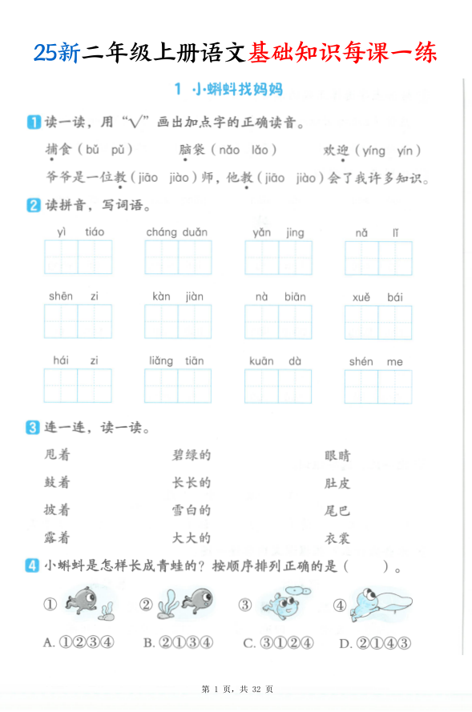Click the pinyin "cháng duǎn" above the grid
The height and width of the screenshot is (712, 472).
[176, 232]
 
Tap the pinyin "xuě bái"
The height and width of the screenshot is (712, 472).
[377, 297]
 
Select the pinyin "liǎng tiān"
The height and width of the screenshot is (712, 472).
[176, 361]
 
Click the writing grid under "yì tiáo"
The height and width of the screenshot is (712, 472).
[78, 257]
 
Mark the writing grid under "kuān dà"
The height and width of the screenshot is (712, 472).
[277, 385]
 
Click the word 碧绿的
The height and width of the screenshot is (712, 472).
[192, 456]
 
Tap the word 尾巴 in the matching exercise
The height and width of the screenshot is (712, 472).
[337, 510]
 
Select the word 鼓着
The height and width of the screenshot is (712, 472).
[58, 483]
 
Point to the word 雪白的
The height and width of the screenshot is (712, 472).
[192, 510]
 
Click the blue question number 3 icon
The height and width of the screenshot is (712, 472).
[33, 428]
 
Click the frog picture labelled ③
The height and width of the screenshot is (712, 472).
[282, 602]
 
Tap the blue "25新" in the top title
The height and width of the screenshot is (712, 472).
[57, 52]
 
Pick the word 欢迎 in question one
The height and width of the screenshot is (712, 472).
[336, 151]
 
